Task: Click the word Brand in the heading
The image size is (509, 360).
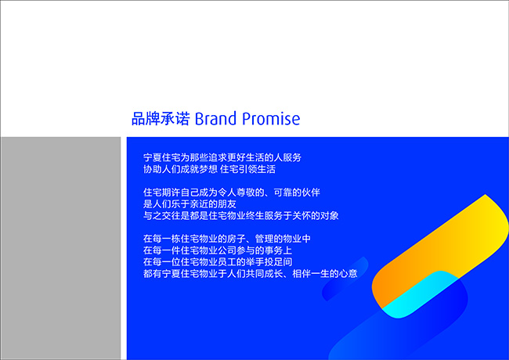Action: pyautogui.click(x=215, y=118)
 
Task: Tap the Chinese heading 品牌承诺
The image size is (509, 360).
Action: pyautogui.click(x=161, y=118)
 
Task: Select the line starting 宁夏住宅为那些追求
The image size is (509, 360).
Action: pyautogui.click(x=222, y=157)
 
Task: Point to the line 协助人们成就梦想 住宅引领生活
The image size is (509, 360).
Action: pyautogui.click(x=209, y=169)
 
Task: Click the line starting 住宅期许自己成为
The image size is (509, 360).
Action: pyautogui.click(x=232, y=193)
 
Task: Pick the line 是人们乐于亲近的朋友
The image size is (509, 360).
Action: pyautogui.click(x=190, y=204)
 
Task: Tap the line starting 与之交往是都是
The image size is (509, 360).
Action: pyautogui.click(x=241, y=216)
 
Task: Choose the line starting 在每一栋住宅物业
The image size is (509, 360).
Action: pyautogui.click(x=227, y=239)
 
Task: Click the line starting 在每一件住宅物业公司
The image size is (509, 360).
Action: pyautogui.click(x=218, y=250)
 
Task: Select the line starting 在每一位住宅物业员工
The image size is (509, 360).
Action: pyautogui.click(x=218, y=262)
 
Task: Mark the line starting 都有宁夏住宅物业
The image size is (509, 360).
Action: pyautogui.click(x=251, y=274)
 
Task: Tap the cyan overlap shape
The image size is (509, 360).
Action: pyautogui.click(x=419, y=295)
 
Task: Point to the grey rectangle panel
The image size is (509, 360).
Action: pyautogui.click(x=61, y=248)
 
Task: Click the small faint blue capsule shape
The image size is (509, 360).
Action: pyautogui.click(x=345, y=279)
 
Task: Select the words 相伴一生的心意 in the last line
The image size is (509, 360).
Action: pyautogui.click(x=325, y=274)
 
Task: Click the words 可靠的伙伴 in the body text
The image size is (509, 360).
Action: pyautogui.click(x=297, y=193)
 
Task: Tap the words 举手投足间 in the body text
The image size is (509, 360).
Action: pyautogui.click(x=269, y=262)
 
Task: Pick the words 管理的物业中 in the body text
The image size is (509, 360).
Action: pyautogui.click(x=283, y=239)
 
